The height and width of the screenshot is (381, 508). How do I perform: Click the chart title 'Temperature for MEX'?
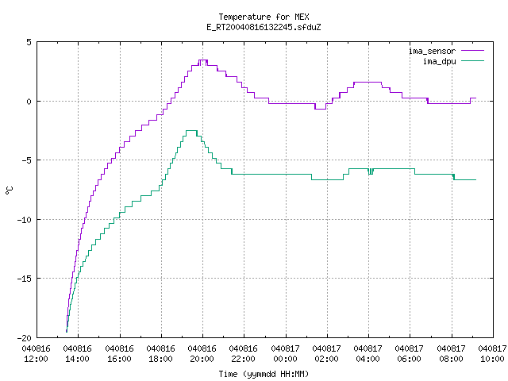click(264, 17)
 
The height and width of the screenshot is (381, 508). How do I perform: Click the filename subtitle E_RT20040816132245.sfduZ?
click(264, 27)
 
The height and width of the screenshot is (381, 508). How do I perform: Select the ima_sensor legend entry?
click(446, 51)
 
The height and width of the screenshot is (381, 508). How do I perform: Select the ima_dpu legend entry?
click(453, 61)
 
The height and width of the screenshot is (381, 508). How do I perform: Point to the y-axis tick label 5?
click(29, 42)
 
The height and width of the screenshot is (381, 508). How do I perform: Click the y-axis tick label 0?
click(29, 102)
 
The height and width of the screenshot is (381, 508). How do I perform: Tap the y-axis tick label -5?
click(26, 160)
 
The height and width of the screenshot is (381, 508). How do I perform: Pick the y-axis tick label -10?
click(25, 220)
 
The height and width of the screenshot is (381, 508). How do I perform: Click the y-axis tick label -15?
click(25, 279)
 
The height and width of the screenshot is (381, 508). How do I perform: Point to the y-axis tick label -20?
click(25, 338)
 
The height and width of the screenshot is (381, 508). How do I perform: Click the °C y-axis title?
click(10, 190)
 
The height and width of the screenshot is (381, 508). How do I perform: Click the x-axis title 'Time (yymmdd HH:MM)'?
click(264, 374)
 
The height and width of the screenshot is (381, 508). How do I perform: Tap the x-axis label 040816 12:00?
click(37, 354)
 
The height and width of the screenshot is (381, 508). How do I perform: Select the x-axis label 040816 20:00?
click(202, 354)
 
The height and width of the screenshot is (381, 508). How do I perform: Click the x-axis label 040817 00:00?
click(285, 354)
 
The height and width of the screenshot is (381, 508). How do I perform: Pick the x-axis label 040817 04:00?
click(368, 354)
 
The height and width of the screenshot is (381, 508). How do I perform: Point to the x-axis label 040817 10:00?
click(492, 354)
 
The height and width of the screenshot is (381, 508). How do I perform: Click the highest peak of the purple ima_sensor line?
click(203, 60)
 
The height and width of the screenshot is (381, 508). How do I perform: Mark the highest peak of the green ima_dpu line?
click(191, 130)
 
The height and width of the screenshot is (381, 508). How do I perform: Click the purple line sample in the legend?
click(473, 51)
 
